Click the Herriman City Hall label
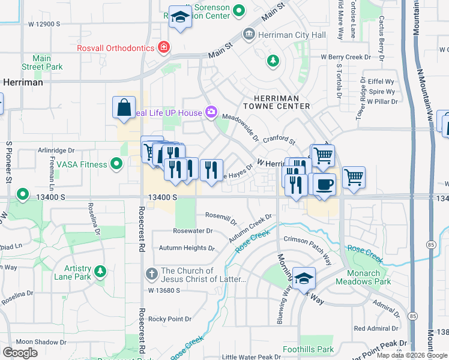pyautogui.click(x=292, y=35)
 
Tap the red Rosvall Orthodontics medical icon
pyautogui.click(x=163, y=47)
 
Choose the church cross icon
pyautogui.click(x=152, y=274)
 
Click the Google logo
pyautogui.click(x=20, y=353)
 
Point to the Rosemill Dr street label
pyautogui.click(x=221, y=215)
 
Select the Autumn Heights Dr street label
pyautogui.click(x=186, y=248)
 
